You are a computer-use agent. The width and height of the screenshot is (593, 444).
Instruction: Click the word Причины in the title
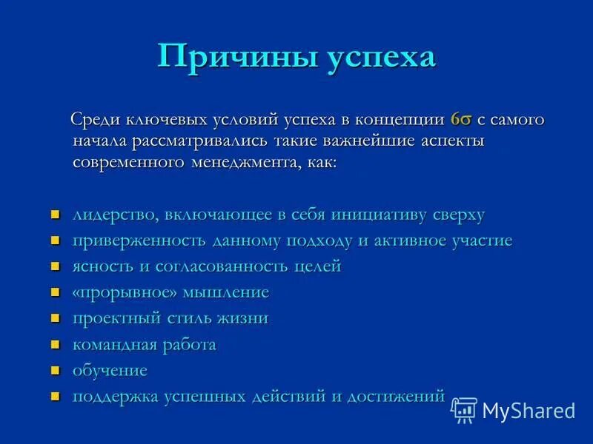(236, 58)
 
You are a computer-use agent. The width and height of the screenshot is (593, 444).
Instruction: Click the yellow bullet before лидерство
(55, 215)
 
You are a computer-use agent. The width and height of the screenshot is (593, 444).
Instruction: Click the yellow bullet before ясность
(55, 267)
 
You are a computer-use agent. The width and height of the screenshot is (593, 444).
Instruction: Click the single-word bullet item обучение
(110, 371)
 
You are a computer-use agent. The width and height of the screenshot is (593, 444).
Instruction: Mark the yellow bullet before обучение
(55, 371)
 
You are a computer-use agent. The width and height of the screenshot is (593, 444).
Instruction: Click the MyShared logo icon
(464, 409)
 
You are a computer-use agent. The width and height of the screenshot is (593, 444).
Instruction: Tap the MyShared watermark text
(529, 411)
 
